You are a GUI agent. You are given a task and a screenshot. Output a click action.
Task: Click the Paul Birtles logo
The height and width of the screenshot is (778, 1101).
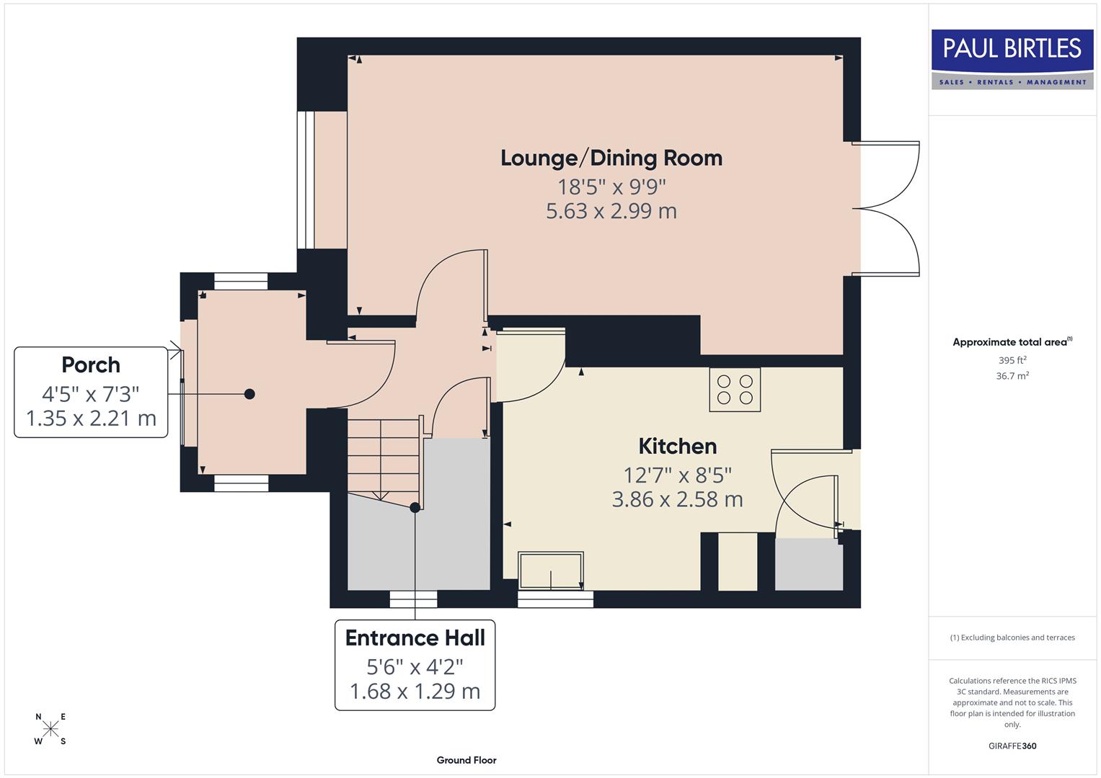[x=1012, y=59]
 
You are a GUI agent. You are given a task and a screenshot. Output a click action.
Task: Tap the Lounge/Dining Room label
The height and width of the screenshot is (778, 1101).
[x=611, y=158]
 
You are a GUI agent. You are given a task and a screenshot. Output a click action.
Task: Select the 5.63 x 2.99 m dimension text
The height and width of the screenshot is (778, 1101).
[x=611, y=211]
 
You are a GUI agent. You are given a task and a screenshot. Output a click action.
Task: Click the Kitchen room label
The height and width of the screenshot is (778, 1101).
[x=677, y=446]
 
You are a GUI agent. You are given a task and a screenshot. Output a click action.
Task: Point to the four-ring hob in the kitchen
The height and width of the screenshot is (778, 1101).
[x=735, y=390]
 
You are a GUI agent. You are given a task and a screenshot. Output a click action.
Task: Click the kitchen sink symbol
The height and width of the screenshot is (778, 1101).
[x=551, y=571]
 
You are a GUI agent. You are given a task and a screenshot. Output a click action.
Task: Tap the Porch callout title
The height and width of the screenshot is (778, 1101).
[x=91, y=365]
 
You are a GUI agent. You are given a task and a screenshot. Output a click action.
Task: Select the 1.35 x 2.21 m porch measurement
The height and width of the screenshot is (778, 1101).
[x=91, y=419]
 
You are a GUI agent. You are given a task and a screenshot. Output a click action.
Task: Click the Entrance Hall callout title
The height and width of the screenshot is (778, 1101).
[x=415, y=638]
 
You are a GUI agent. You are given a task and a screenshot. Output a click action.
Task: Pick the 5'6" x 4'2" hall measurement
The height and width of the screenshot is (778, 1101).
[x=415, y=666]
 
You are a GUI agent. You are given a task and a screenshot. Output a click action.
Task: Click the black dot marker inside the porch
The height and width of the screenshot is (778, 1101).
[x=249, y=394]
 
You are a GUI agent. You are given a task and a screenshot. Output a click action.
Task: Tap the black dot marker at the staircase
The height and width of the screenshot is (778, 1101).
[x=415, y=508]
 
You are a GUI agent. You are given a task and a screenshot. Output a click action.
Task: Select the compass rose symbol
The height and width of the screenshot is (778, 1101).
[x=50, y=729]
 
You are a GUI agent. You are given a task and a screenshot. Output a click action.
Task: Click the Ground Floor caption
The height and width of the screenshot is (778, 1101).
[x=467, y=760]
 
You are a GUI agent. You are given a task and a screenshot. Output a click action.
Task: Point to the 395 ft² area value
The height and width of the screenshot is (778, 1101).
[x=1012, y=360]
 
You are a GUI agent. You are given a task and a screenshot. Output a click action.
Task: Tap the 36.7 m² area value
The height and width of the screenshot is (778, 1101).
[x=1012, y=376]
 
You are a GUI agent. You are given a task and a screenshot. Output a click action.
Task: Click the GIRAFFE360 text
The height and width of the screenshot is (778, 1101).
[x=1012, y=746]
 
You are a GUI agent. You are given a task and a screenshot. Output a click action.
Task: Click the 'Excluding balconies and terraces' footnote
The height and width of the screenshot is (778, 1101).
[x=1012, y=638]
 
